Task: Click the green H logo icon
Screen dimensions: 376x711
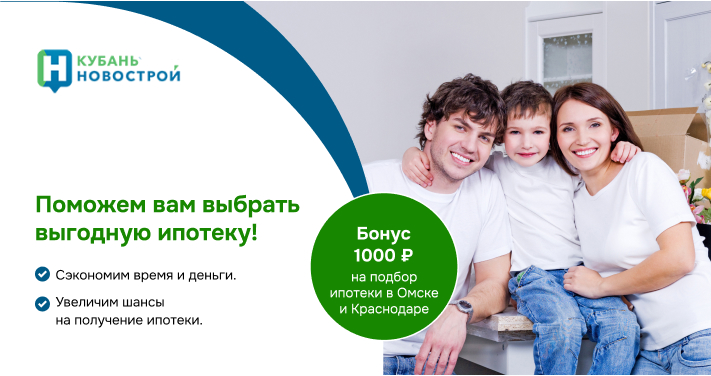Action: (54, 67)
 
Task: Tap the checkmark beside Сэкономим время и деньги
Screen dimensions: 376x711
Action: (42, 274)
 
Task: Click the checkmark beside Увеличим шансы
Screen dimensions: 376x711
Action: (42, 302)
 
